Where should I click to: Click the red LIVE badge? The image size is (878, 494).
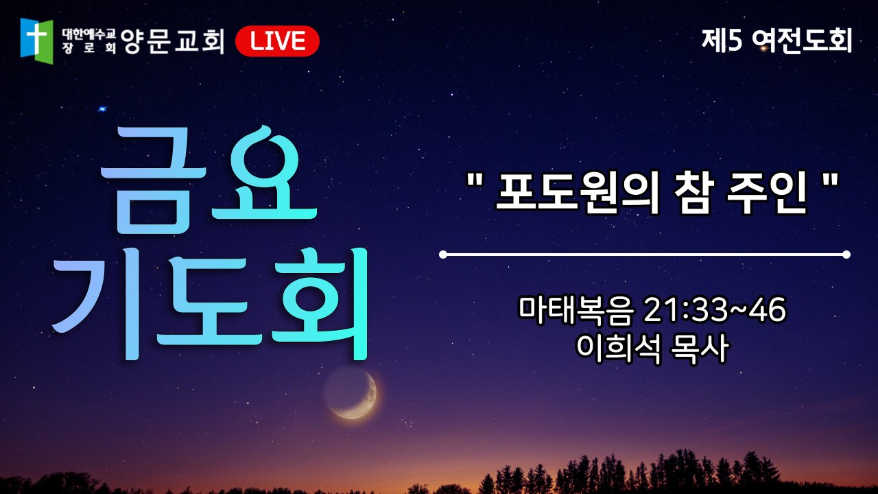(x=277, y=41)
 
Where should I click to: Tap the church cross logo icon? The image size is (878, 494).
(x=36, y=40)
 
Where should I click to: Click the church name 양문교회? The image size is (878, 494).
(x=172, y=41)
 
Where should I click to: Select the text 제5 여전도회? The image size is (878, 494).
(x=777, y=40)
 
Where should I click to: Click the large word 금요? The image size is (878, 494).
(x=209, y=180)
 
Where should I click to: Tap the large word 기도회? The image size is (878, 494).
(x=211, y=304)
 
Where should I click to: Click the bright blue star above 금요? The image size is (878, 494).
(x=102, y=108)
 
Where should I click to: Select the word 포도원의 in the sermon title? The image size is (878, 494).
(x=578, y=192)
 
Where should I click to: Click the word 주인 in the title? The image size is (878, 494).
(x=767, y=192)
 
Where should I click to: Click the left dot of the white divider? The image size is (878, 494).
(x=443, y=255)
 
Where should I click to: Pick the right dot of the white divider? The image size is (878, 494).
(x=846, y=255)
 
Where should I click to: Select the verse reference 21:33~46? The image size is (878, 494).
(x=715, y=309)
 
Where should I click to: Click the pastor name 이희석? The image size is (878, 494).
(x=619, y=348)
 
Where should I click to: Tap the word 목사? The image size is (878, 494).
(x=699, y=348)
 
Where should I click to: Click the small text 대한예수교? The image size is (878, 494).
(x=89, y=34)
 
